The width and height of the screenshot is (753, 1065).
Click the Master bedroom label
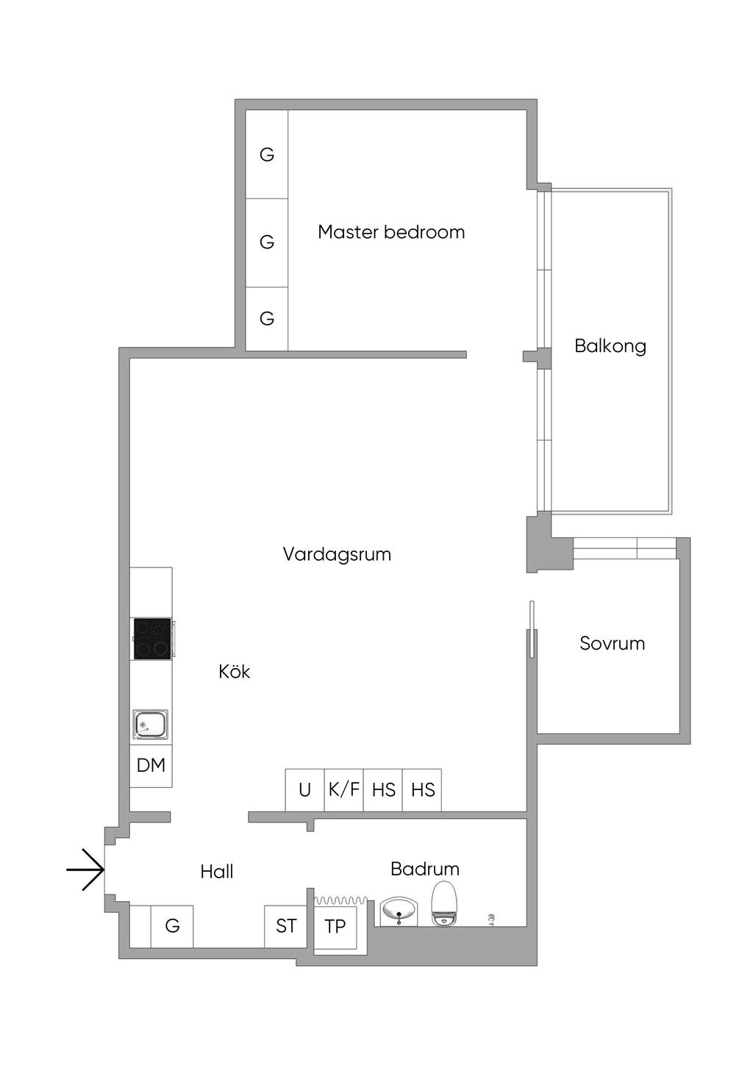(x=391, y=232)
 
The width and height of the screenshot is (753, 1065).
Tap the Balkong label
(x=610, y=346)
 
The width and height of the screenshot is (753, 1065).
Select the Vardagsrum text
(x=337, y=554)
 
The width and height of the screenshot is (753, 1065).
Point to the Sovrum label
(x=612, y=644)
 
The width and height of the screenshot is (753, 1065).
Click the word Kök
(x=235, y=672)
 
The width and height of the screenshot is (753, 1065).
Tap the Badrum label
(x=425, y=869)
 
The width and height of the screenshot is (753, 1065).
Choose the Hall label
(x=217, y=872)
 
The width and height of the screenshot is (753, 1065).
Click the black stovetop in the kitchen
(x=152, y=639)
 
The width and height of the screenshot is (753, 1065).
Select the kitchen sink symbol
(x=150, y=725)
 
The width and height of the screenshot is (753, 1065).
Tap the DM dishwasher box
(x=151, y=766)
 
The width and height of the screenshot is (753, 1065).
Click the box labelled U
(x=304, y=790)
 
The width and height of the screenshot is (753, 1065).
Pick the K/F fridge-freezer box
(x=344, y=790)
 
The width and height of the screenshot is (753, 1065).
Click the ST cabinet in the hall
(x=286, y=926)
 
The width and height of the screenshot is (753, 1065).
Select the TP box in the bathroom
(x=335, y=926)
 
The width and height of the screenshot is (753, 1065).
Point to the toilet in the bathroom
(x=444, y=904)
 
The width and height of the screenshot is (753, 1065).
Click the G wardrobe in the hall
(x=172, y=926)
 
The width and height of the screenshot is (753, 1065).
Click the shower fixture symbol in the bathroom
(x=491, y=918)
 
